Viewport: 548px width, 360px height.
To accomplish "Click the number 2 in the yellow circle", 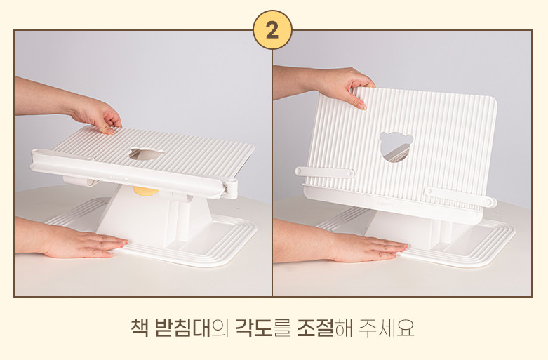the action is pos(272,30).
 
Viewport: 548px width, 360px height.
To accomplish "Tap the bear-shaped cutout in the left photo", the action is pos(147,154).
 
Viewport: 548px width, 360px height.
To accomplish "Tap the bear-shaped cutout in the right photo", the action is pos(396,147).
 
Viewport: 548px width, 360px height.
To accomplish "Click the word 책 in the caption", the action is pos(140,327).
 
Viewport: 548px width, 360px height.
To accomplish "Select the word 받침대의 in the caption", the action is pos(188,327).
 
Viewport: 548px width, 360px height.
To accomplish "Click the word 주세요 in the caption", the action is pos(387,327).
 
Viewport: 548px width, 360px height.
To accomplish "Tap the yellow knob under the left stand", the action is pos(145,191).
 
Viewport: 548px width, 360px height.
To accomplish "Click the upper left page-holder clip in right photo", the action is pos(325,172).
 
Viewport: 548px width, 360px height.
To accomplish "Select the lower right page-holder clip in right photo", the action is pos(460,196).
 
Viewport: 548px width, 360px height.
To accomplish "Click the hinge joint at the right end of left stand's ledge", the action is pos(231,188).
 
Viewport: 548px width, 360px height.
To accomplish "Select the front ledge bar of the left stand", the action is pos(128,173).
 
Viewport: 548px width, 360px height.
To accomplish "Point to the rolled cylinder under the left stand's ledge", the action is pos(81,181).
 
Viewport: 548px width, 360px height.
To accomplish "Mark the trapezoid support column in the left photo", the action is pos(154,217).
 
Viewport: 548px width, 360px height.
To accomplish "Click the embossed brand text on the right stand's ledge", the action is pos(386,202).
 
